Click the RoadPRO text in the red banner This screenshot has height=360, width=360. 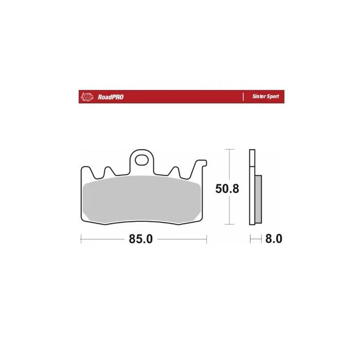pyautogui.click(x=111, y=97)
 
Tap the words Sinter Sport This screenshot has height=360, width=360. pyautogui.click(x=266, y=97)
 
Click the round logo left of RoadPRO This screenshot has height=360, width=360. pyautogui.click(x=87, y=97)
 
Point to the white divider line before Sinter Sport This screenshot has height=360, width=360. pyautogui.click(x=243, y=97)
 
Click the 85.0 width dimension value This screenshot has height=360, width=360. pyautogui.click(x=141, y=239)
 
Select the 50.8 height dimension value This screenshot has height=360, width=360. pyautogui.click(x=227, y=189)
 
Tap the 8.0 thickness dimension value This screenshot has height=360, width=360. pyautogui.click(x=274, y=239)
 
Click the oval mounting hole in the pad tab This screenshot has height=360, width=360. pyautogui.click(x=141, y=160)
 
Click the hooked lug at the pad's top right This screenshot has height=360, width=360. pyautogui.click(x=202, y=163)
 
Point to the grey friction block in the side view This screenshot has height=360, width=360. pyautogui.click(x=258, y=200)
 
